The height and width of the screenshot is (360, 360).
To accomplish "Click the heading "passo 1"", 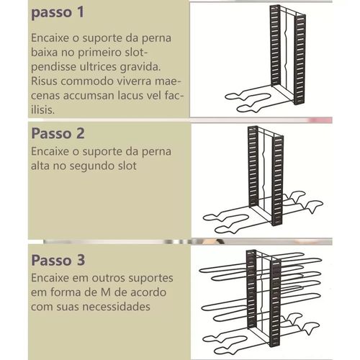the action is click(58, 13).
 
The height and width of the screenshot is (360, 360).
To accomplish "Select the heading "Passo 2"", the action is click(58, 133).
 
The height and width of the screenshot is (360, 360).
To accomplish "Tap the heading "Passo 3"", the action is click(58, 260).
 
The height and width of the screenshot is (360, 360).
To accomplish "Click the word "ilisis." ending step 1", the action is click(43, 110).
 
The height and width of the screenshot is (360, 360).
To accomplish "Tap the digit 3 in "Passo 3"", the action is click(81, 260).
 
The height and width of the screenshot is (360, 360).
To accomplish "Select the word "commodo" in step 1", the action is click(87, 81).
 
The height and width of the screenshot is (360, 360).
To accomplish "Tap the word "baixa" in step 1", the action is click(45, 53).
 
